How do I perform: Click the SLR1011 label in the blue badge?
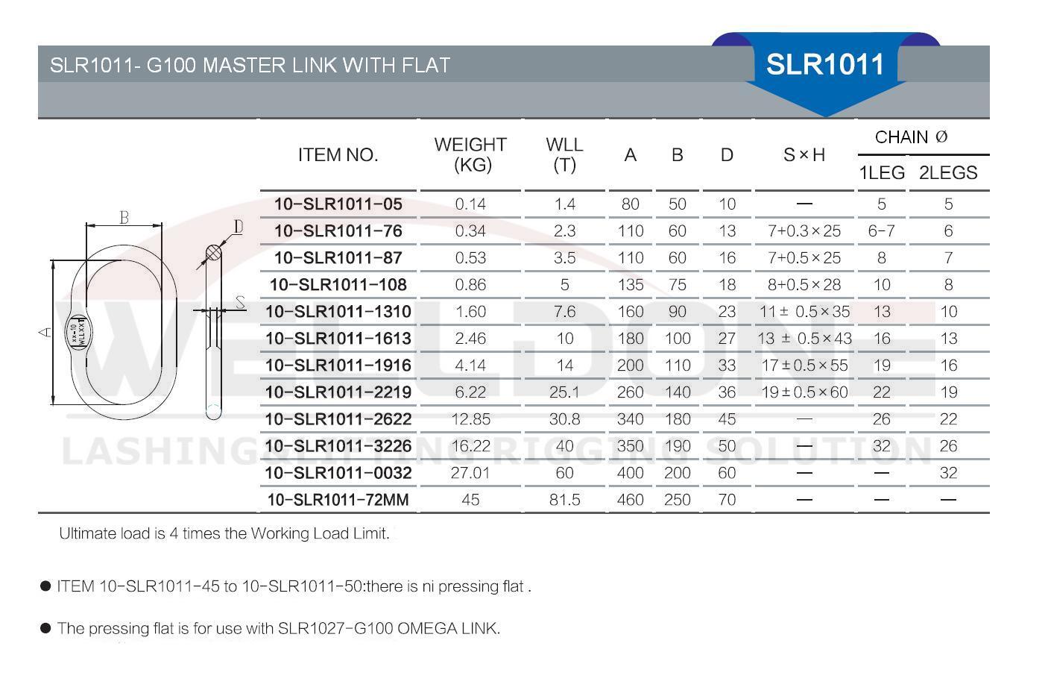pos(825,64)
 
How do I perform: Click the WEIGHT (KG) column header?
pos(470,154)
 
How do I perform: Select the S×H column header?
pos(804,155)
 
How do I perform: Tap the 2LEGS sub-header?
pos(947,173)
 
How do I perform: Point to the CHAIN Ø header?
pos(911,137)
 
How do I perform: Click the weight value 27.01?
pos(470,473)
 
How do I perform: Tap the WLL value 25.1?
pos(564,392)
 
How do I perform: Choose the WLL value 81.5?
pos(564,500)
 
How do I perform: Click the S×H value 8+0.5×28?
pos(804,285)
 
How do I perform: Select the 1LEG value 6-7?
pos(881,231)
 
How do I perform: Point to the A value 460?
pos(630,500)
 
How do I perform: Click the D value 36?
pos(727,392)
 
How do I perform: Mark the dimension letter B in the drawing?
pos(124,217)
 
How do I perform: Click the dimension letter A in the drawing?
pos(45,332)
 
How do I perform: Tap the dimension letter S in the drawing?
pos(240,302)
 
